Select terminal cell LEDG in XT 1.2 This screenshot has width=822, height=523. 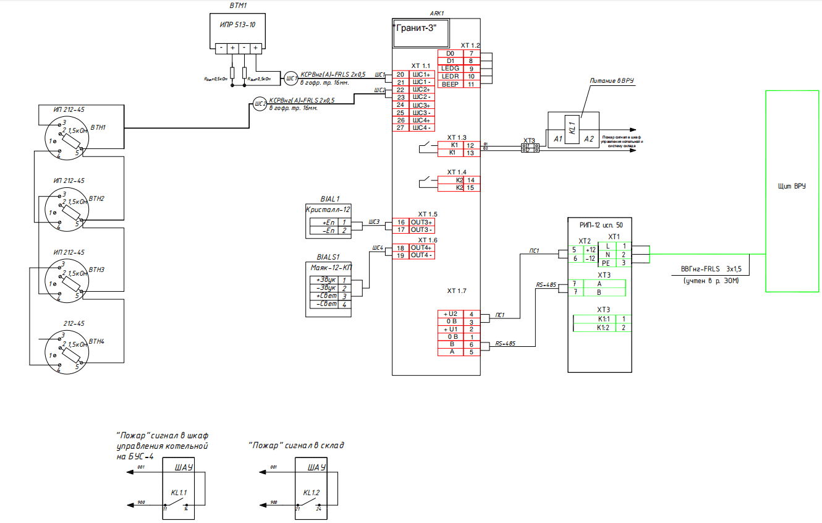[x=450, y=69]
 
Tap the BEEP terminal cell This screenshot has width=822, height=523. [x=450, y=84]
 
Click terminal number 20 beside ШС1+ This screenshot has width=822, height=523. [x=400, y=75]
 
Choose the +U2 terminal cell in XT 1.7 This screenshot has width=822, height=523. [x=450, y=314]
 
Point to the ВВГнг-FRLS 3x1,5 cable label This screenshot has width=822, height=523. [x=710, y=270]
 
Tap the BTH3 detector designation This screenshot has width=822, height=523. [x=97, y=270]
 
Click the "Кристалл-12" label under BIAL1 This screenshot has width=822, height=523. [x=328, y=210]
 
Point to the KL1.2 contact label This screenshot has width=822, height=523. [x=311, y=493]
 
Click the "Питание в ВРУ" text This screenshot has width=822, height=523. [x=612, y=81]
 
